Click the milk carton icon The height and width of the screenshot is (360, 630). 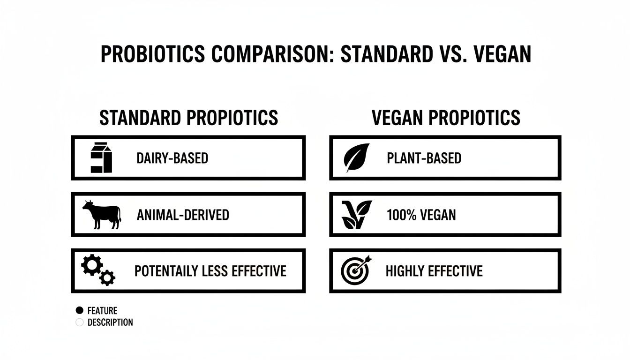[101, 158]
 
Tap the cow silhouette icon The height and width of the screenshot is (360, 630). [102, 215]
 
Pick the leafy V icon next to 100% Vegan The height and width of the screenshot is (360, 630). [357, 215]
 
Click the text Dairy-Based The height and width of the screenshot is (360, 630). [172, 158]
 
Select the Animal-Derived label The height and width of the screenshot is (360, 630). [183, 215]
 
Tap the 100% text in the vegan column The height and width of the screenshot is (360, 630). [398, 215]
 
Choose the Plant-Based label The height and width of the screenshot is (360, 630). [424, 158]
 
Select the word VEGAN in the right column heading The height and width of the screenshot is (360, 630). [397, 118]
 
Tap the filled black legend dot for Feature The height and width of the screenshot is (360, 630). [79, 310]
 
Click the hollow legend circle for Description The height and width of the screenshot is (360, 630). [79, 322]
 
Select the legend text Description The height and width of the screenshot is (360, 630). [110, 322]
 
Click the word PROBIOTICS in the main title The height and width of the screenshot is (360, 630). [153, 55]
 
